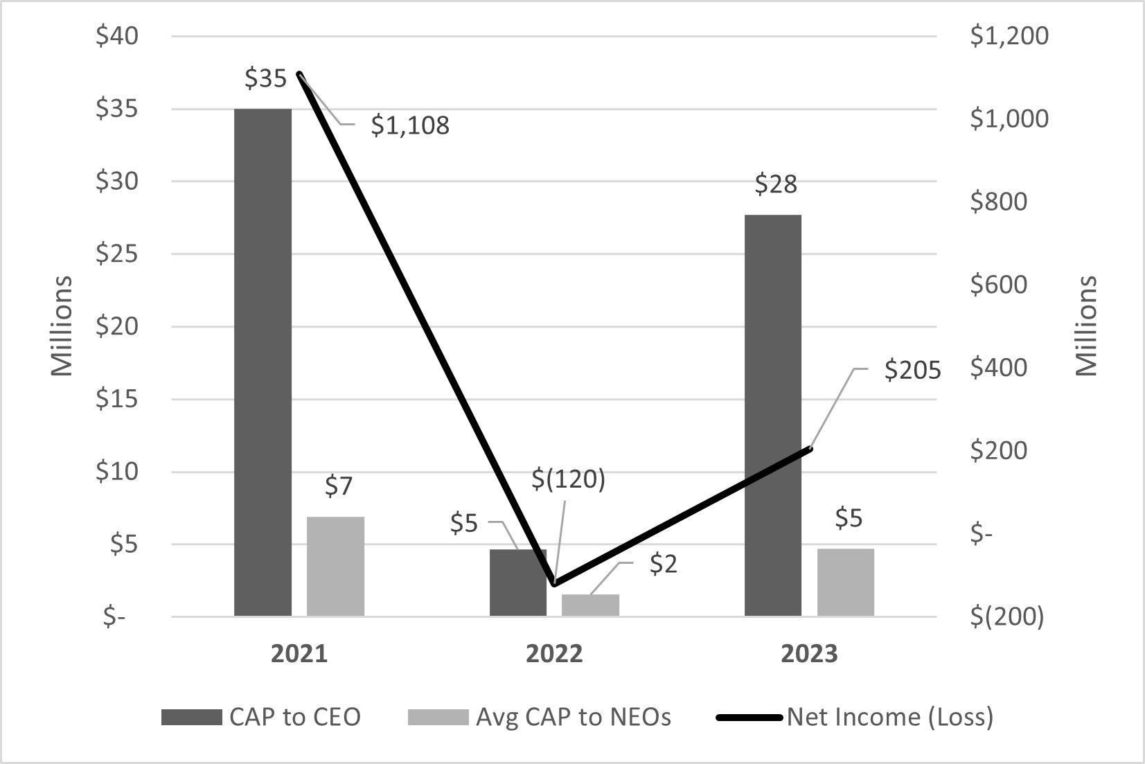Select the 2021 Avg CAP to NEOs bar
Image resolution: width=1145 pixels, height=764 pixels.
click(335, 566)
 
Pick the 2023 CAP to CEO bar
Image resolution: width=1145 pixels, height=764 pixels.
click(772, 415)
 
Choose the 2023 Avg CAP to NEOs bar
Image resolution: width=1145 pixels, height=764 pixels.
click(845, 582)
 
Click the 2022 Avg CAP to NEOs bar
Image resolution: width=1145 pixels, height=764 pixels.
click(590, 605)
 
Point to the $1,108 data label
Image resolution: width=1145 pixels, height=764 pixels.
click(410, 125)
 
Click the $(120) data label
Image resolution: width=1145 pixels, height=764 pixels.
click(569, 479)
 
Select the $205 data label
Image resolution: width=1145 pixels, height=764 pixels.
click(912, 371)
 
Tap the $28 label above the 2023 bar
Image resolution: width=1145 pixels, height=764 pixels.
click(776, 184)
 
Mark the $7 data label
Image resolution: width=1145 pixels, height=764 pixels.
click(338, 487)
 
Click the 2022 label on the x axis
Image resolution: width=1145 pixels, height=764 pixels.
click(554, 654)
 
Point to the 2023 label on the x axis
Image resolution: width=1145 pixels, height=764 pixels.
click(809, 654)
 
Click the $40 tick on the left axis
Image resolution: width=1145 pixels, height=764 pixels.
click(117, 36)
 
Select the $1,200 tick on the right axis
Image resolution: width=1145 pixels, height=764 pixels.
click(1009, 36)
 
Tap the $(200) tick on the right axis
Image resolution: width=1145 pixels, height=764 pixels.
click(1006, 616)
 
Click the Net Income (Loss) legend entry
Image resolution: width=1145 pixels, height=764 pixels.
click(889, 717)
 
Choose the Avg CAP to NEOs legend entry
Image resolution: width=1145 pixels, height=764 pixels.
click(573, 717)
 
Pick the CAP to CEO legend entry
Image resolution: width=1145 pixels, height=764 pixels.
click(294, 717)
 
